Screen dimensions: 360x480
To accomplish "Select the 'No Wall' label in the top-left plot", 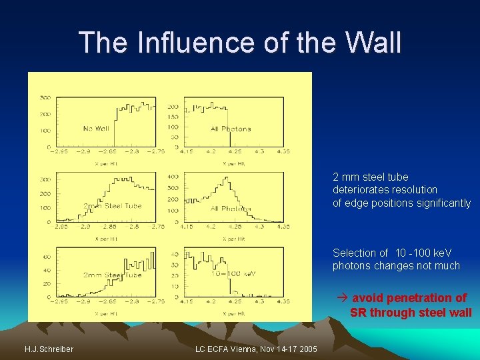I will coord(96,128).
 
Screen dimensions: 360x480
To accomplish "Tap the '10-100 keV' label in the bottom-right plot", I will coord(233,273).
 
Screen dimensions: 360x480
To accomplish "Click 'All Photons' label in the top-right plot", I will coord(231,128).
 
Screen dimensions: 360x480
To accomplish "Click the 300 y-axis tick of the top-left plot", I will coord(45,97).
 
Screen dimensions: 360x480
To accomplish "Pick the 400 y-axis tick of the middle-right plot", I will coord(173,176).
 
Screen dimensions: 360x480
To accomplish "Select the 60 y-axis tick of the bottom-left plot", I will coord(47,255).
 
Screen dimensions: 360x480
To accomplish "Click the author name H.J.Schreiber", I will coord(49,349).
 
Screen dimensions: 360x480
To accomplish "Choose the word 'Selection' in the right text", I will coord(353,253).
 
